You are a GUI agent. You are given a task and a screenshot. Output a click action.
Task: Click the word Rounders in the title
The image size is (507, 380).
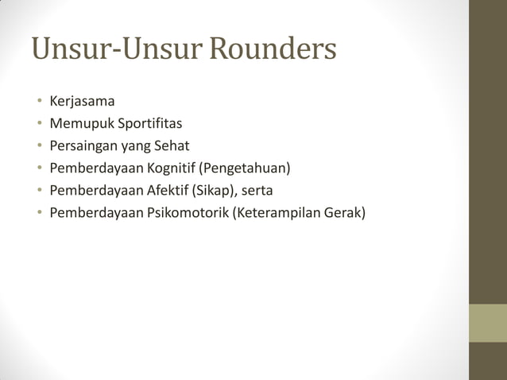click(x=273, y=49)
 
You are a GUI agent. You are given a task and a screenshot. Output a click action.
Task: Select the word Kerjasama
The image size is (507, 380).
click(x=82, y=102)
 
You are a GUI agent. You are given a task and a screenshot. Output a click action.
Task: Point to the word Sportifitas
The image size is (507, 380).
click(x=150, y=124)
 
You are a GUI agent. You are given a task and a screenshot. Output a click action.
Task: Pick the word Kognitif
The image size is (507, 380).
click(x=172, y=169)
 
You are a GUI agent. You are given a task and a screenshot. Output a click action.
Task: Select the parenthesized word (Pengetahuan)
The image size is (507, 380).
click(x=246, y=169)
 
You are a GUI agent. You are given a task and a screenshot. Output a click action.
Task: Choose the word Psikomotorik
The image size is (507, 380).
click(x=187, y=213)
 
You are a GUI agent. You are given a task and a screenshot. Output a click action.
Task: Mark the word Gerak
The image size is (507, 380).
click(x=349, y=213)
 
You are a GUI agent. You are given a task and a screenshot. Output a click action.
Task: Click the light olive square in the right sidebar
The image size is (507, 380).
click(x=488, y=323)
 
